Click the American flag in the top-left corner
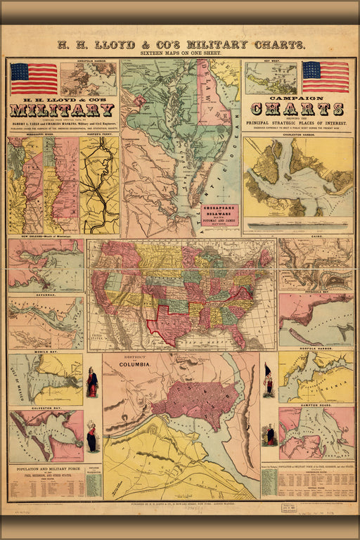coord(34,78)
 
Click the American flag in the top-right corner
coord(326,77)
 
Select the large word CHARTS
coord(297,109)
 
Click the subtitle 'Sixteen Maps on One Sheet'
coord(180,53)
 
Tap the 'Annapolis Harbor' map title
coord(88,62)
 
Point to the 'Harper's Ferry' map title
coord(99,134)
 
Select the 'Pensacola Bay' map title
coord(316,292)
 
